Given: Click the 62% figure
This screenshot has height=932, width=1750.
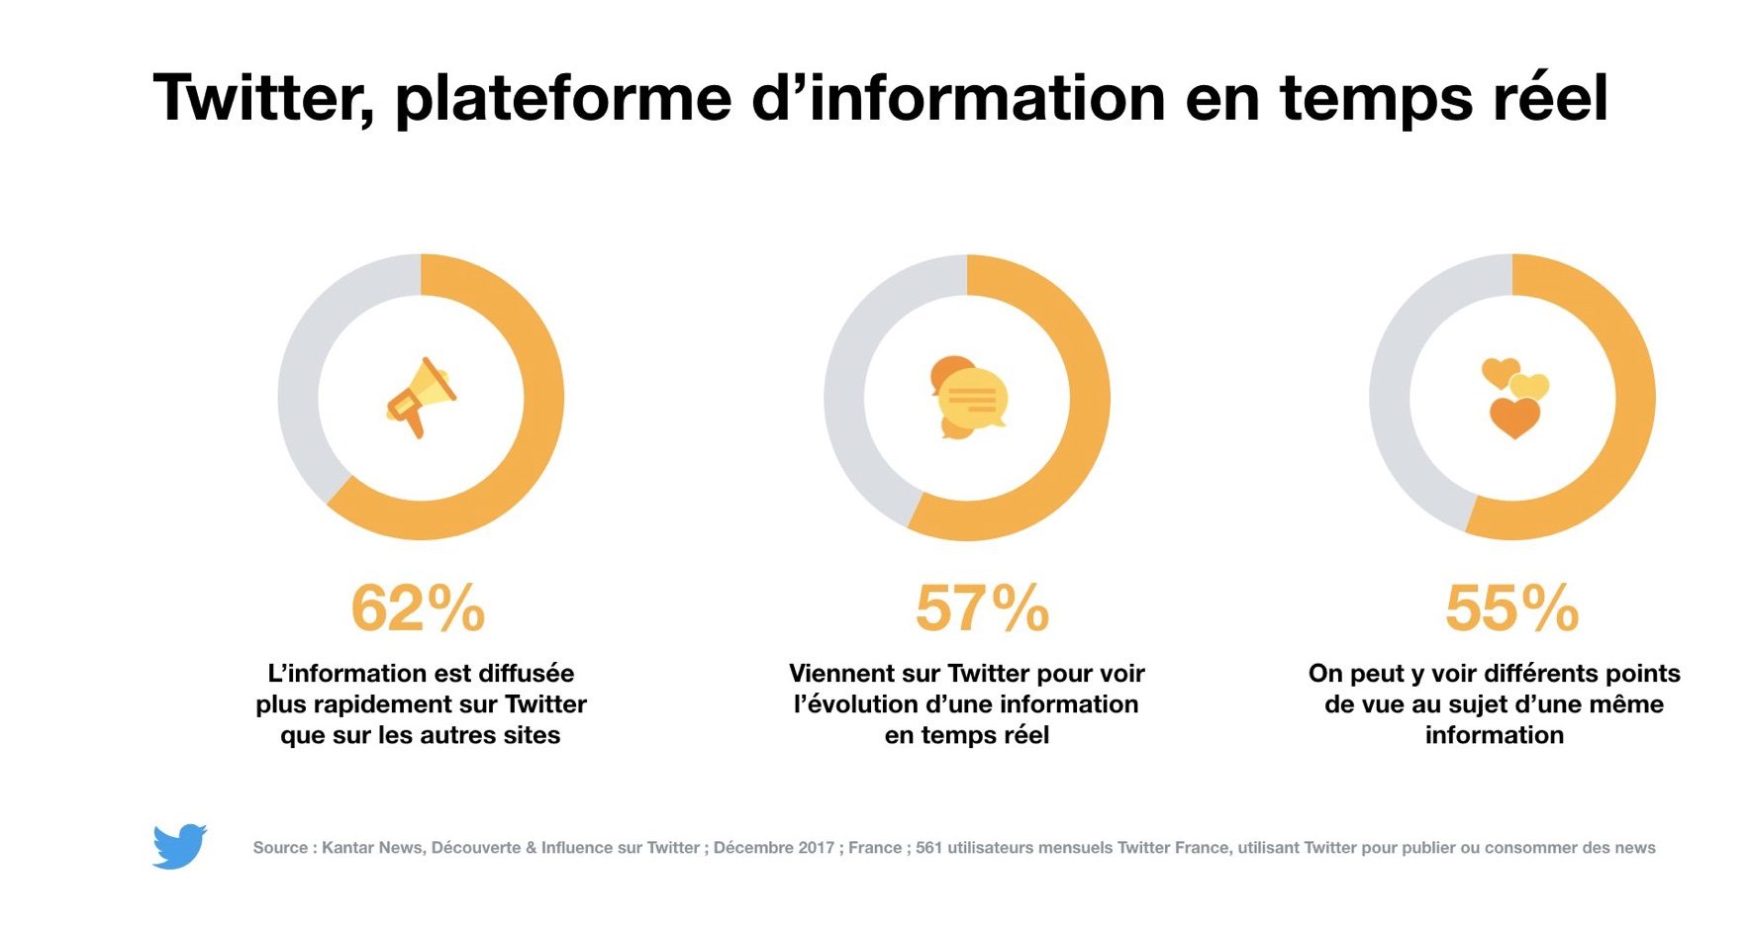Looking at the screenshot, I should (x=418, y=607).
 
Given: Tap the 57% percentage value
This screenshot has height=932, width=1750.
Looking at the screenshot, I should (x=982, y=607).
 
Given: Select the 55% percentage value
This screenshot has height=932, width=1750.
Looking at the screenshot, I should (x=1511, y=607).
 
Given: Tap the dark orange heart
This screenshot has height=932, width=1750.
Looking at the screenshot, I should (x=1514, y=418).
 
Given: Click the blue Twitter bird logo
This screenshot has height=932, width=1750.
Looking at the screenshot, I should (x=179, y=846).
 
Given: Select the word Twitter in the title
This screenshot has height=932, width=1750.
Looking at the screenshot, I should (x=263, y=99).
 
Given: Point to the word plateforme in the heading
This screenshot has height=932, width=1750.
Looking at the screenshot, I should (x=563, y=99).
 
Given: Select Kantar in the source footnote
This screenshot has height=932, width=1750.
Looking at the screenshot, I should (x=349, y=848).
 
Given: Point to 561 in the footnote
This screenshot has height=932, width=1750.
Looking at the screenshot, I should (x=928, y=848).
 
